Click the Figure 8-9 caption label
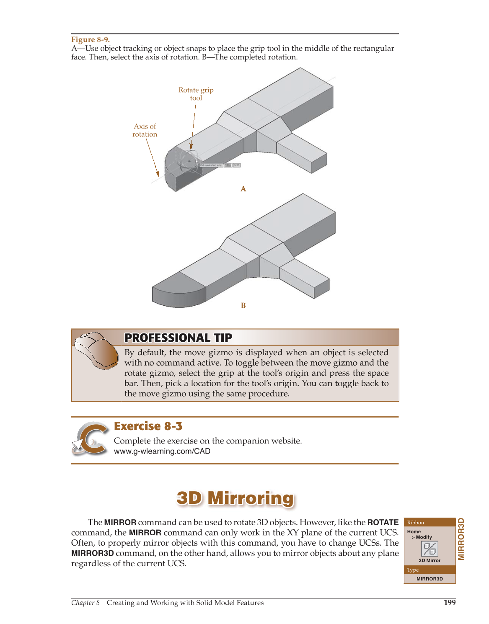[x=90, y=40]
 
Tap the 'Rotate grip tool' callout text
[x=196, y=94]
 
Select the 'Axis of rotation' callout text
[x=145, y=130]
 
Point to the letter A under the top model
[x=243, y=189]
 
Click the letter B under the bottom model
[x=243, y=306]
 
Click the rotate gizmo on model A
[x=189, y=161]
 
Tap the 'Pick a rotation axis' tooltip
[x=211, y=165]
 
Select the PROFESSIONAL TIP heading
[x=178, y=338]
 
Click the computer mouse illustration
[x=96, y=350]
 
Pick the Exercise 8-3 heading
[x=148, y=426]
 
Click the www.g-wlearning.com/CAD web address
[x=162, y=451]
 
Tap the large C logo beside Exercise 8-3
[x=91, y=438]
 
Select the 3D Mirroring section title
[x=235, y=498]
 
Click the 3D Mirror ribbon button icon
[x=429, y=549]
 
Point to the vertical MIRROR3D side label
[x=461, y=539]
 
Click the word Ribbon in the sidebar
[x=415, y=523]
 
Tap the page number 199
[x=449, y=603]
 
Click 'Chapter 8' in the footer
[x=85, y=603]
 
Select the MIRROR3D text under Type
[x=429, y=579]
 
